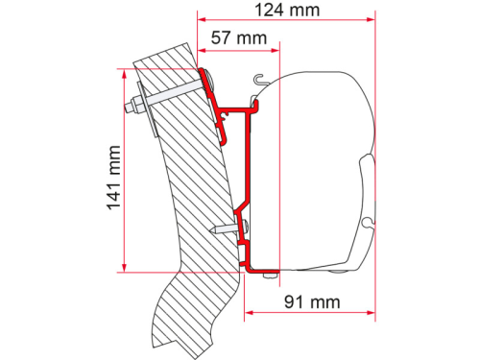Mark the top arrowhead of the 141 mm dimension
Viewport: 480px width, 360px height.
point(124,73)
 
